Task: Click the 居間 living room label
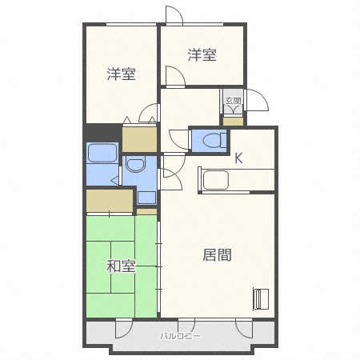click(x=217, y=255)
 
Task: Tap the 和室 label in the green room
click(x=121, y=266)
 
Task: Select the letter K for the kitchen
click(x=238, y=158)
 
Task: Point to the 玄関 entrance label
click(x=233, y=101)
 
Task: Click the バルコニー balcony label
click(x=179, y=335)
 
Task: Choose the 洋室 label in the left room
click(x=122, y=74)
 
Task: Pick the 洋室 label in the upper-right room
click(x=202, y=55)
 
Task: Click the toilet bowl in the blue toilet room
click(x=212, y=140)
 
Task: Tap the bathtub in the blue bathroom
click(x=102, y=152)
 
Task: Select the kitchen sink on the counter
click(x=217, y=181)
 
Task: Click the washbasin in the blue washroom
click(x=135, y=166)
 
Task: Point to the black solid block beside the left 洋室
click(x=102, y=132)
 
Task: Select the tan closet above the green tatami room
click(x=108, y=201)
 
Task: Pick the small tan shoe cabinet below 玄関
click(x=233, y=121)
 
